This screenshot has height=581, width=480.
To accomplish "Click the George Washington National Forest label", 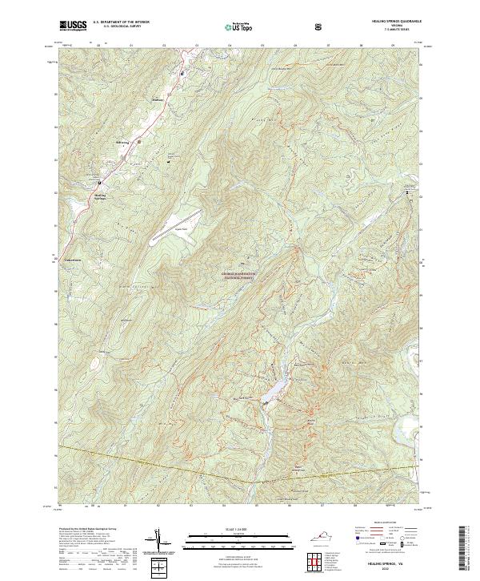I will pos(239,276).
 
